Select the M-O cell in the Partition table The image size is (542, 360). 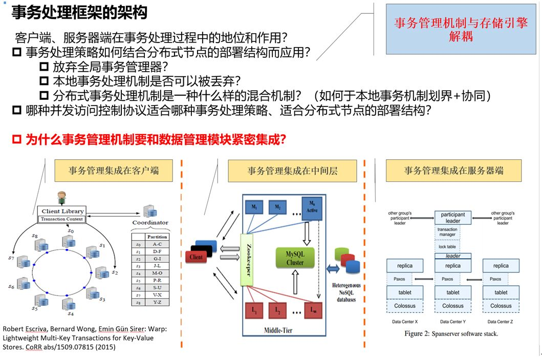pos(157,273)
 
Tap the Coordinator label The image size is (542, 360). pos(150,223)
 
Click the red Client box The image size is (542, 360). pos(197,257)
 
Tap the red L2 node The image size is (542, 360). pos(277,310)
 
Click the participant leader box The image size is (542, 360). pos(452,218)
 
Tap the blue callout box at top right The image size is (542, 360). pos(461,29)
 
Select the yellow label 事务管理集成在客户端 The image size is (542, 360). pos(113,171)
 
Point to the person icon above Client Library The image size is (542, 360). pos(62,197)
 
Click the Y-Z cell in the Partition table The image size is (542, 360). pos(157,302)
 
